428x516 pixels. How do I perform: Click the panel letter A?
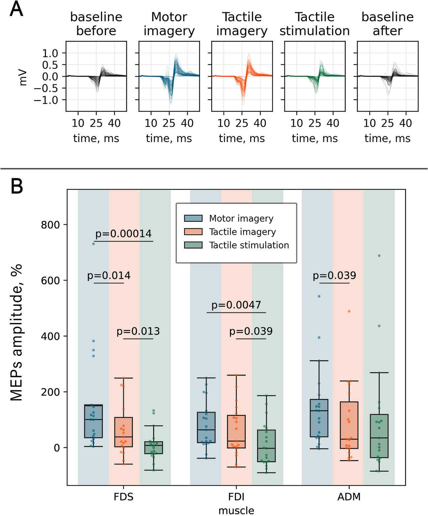click(16, 9)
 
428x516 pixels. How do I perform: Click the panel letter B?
click(17, 186)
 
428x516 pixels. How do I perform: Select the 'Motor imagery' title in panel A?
click(169, 24)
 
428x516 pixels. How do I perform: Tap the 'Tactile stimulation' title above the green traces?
click(314, 24)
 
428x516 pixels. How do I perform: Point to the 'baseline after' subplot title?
click(387, 24)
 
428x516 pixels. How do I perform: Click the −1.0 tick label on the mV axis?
click(46, 100)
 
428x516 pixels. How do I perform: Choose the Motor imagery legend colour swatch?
click(193, 218)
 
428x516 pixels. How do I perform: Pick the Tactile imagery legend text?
click(242, 232)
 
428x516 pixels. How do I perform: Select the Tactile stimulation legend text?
click(249, 245)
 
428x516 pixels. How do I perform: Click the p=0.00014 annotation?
click(123, 234)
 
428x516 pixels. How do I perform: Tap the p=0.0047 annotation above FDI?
click(236, 305)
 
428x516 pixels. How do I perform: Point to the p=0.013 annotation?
click(138, 331)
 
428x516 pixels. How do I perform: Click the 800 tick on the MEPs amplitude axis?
click(50, 225)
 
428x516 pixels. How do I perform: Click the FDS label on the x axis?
click(123, 497)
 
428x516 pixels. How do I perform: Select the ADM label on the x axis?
click(349, 497)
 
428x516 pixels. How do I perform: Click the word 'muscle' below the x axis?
click(236, 510)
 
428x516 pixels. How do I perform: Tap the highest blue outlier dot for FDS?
click(93, 244)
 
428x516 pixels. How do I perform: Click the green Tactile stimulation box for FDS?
click(154, 448)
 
